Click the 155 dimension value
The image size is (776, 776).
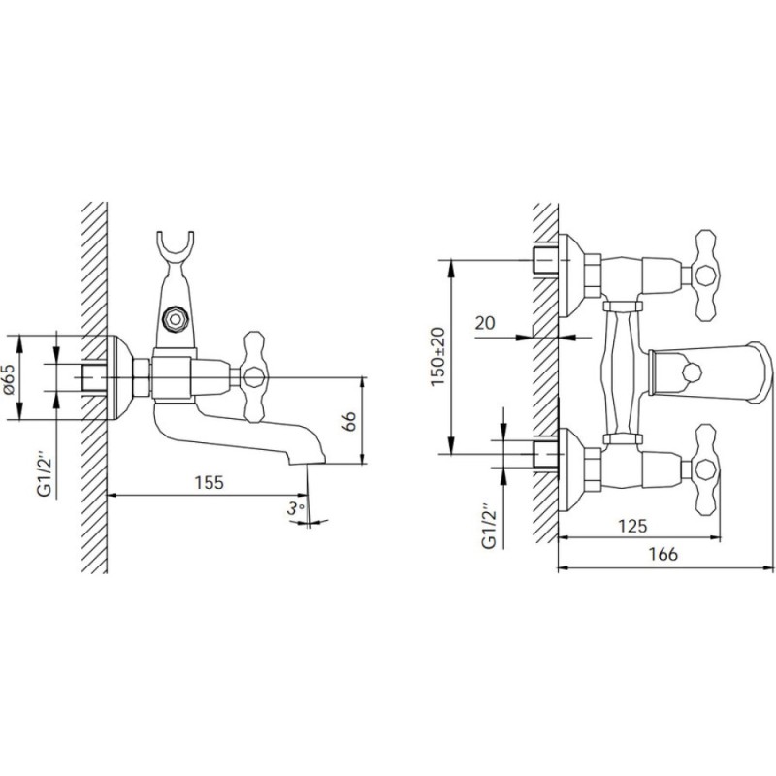point(209,482)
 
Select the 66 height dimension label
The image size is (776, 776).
point(350,421)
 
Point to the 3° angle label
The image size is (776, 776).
point(295,508)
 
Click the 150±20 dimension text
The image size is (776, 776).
point(437,356)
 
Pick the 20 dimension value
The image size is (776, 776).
point(485,323)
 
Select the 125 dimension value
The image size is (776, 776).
point(632,526)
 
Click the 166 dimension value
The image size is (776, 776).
point(663,554)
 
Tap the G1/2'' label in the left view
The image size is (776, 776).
point(45,472)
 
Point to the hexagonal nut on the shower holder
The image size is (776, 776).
point(176,319)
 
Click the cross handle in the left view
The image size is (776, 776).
point(253,376)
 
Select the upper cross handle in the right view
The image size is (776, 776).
point(705,275)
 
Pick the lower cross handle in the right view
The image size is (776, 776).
point(705,469)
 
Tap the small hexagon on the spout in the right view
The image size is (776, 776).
point(691,372)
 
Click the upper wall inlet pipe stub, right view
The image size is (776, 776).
point(546,260)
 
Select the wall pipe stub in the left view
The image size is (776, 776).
point(94,377)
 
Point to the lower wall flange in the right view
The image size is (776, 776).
point(570,470)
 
